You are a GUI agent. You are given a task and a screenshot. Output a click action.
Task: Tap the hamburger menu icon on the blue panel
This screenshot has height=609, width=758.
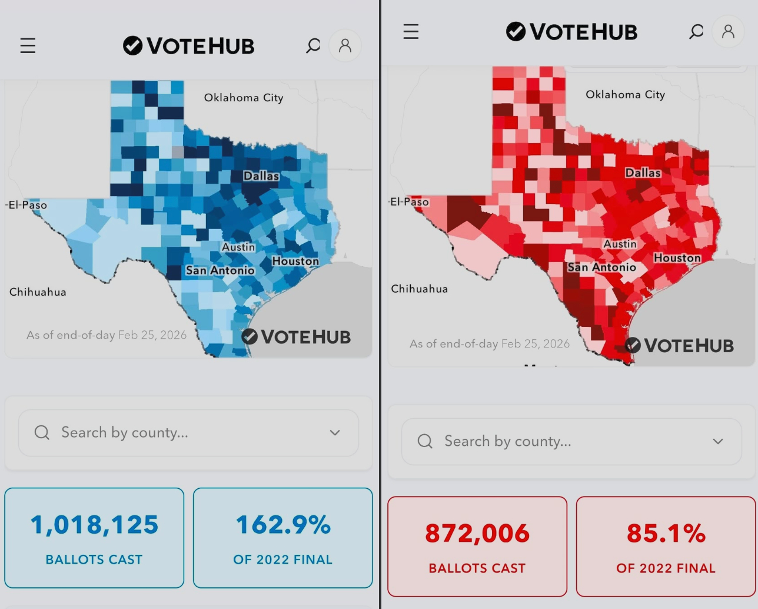28,45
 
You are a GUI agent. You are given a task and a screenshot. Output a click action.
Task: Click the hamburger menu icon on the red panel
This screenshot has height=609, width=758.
411,31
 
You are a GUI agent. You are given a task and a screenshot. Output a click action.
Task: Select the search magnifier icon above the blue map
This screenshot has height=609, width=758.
313,45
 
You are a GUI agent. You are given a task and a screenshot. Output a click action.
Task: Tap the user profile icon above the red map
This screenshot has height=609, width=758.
728,31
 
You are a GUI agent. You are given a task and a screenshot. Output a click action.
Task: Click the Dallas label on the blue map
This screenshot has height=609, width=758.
261,176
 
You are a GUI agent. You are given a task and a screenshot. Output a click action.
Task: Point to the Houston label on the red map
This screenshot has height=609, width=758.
677,258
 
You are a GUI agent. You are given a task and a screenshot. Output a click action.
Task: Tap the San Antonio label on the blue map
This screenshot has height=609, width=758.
220,270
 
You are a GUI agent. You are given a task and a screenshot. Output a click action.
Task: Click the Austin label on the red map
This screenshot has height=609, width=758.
620,244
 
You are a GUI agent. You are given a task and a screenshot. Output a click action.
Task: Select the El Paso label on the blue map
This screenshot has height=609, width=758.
28,205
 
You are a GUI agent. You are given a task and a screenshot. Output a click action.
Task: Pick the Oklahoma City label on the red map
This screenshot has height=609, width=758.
625,94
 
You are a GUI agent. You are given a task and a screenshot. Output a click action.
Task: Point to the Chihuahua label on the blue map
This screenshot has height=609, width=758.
38,292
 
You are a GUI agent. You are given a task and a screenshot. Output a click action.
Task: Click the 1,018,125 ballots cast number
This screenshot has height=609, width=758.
94,525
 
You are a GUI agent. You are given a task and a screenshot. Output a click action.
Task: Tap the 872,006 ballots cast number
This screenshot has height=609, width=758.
477,534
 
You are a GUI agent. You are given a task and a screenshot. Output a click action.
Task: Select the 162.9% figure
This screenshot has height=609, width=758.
283,525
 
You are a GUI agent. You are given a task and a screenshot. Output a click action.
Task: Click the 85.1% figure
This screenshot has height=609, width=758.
666,534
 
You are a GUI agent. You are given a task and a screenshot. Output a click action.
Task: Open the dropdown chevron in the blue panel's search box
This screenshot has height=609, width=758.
335,433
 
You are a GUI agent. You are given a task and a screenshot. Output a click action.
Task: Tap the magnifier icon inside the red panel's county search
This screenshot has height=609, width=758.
425,441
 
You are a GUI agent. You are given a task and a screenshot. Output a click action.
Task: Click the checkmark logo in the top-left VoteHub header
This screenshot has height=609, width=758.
133,45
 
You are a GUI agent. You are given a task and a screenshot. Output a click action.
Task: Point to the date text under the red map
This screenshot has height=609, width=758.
490,343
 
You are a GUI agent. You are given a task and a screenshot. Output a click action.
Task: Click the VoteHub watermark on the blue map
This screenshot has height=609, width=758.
297,337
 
